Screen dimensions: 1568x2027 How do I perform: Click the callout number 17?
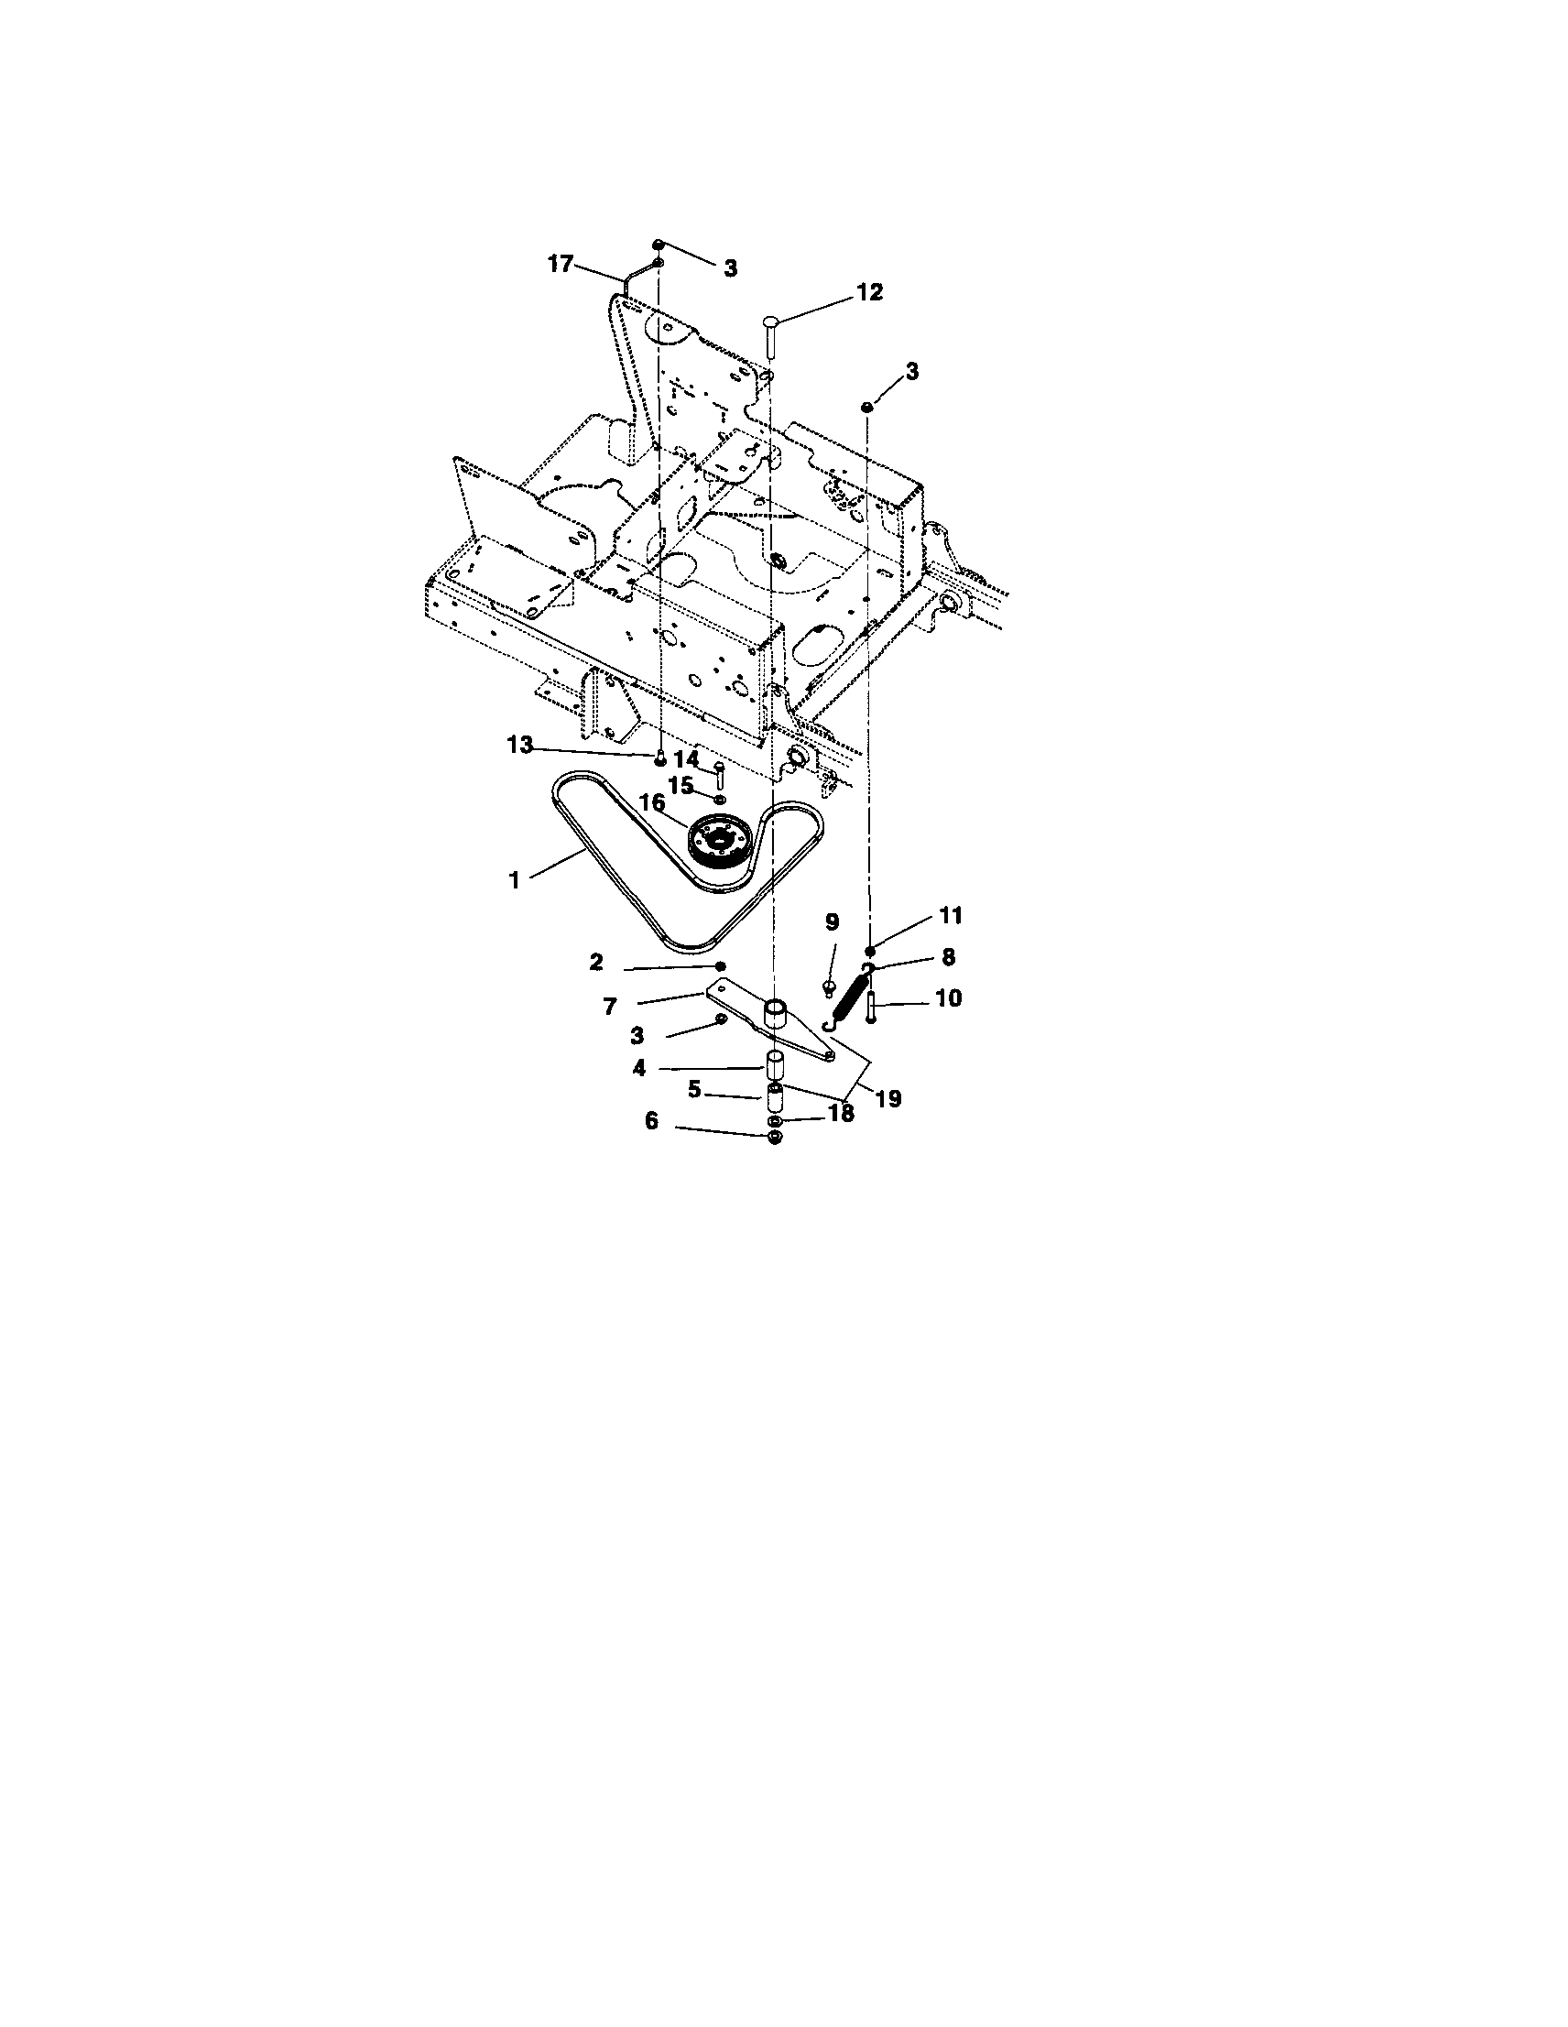coord(561,264)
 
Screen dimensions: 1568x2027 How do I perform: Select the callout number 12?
coord(869,292)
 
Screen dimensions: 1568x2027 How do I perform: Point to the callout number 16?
coord(653,801)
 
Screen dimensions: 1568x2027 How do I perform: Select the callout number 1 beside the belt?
coord(515,881)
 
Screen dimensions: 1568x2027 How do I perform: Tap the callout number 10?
coord(949,998)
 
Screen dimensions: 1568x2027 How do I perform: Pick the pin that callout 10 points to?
coord(871,1006)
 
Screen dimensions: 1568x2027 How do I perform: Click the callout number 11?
coord(951,916)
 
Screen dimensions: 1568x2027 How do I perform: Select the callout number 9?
coord(832,921)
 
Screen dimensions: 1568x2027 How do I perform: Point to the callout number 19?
coord(887,1099)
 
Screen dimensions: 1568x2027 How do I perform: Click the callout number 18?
coord(841,1114)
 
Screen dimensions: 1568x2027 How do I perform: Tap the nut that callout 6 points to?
coord(776,1138)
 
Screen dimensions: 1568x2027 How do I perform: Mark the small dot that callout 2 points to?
coord(720,966)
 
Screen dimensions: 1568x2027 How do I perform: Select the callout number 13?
coord(520,745)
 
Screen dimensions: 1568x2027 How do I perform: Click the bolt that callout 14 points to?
coord(718,777)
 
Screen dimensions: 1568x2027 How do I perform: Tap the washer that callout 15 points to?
coord(721,798)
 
